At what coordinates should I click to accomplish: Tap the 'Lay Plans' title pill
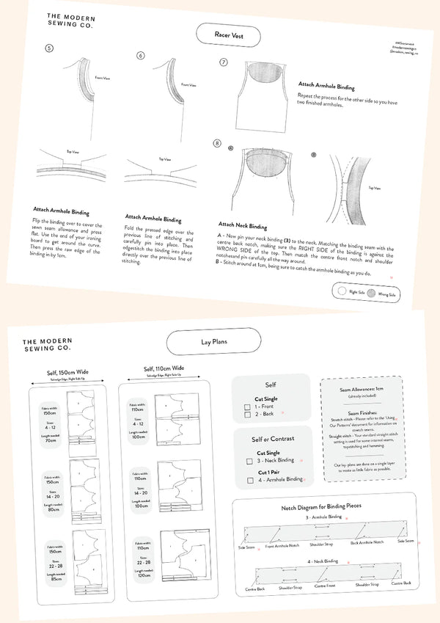pos(213,342)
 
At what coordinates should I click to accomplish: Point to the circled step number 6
pos(141,55)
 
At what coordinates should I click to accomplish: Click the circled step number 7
pos(224,63)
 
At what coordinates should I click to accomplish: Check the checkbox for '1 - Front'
pos(249,406)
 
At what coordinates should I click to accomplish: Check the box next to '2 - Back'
pos(249,415)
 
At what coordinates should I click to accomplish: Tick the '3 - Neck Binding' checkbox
pos(249,460)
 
